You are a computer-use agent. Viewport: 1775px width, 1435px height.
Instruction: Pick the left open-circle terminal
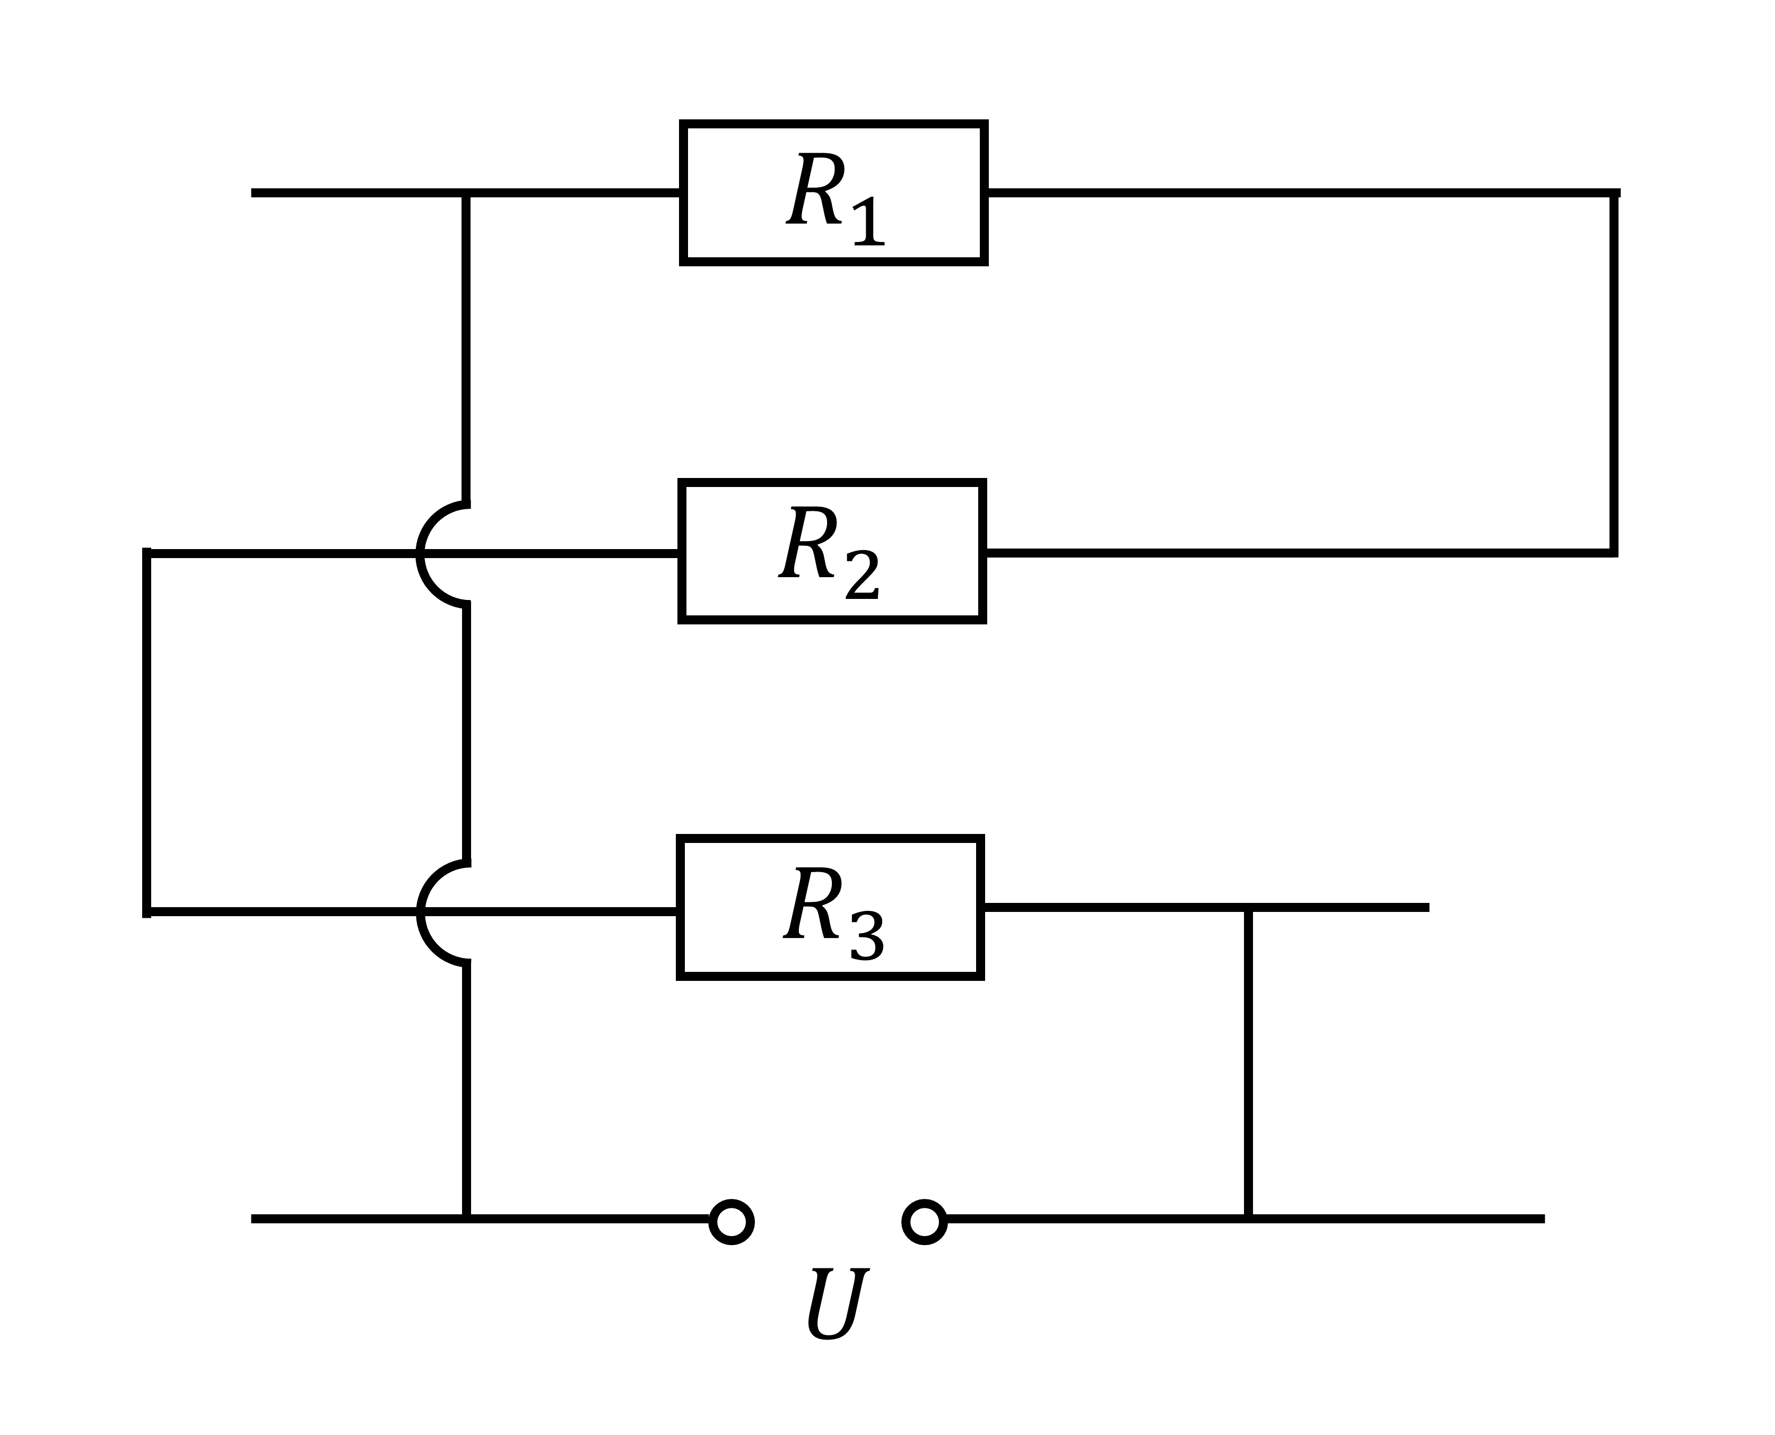(x=732, y=1221)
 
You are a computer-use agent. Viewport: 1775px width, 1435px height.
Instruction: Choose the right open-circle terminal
(x=924, y=1221)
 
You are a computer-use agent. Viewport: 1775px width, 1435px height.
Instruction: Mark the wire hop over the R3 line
(x=419, y=912)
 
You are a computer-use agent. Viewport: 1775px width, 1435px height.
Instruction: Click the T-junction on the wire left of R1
(x=466, y=194)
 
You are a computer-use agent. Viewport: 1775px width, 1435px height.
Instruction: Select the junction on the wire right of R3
(x=1248, y=908)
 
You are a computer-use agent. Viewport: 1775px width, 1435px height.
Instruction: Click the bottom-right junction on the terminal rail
(x=1248, y=1219)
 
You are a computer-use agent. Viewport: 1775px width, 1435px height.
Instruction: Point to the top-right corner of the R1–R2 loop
(x=1614, y=194)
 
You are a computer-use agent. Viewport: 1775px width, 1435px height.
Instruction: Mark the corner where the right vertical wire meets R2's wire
(x=1614, y=553)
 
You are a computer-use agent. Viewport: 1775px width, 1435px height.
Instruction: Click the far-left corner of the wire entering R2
(x=146, y=553)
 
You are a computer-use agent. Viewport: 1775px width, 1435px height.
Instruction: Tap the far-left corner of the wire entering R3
(x=146, y=912)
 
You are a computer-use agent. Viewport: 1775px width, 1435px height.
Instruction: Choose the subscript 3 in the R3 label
(x=867, y=934)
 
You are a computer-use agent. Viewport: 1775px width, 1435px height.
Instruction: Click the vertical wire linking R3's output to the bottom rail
(x=1248, y=1063)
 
